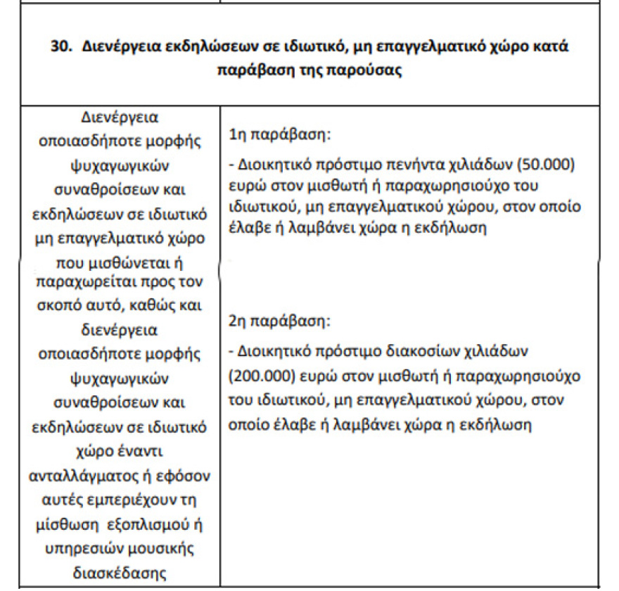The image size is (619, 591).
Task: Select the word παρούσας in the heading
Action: click(371, 72)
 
